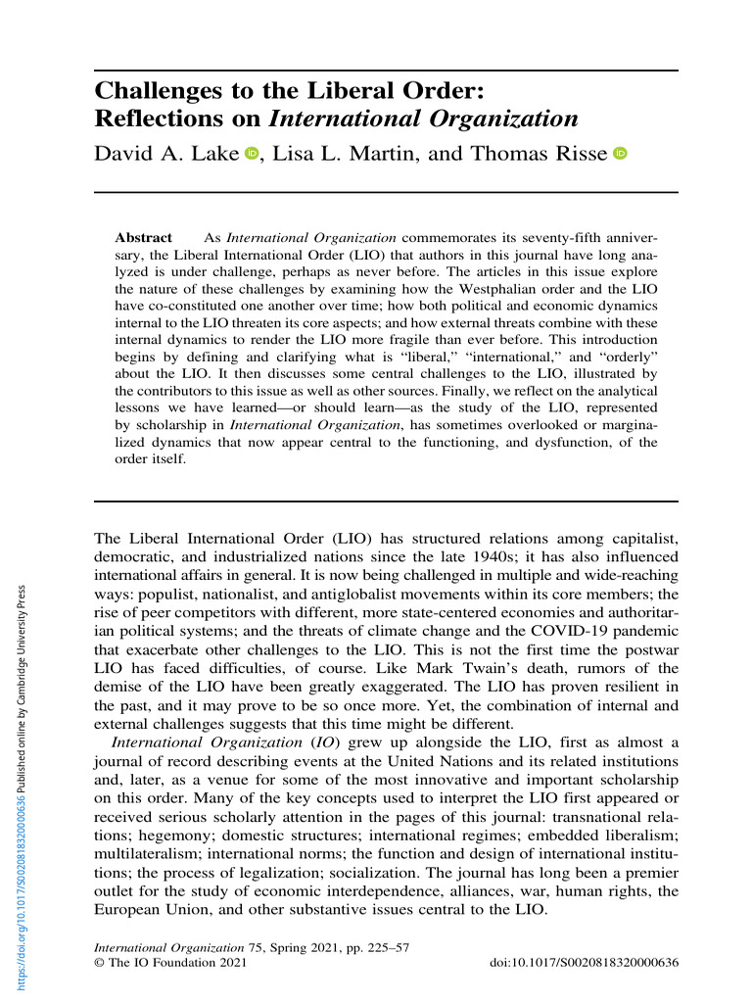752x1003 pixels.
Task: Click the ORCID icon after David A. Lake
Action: coord(252,154)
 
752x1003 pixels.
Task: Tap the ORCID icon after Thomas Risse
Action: coord(619,154)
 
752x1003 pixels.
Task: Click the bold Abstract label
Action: coord(143,238)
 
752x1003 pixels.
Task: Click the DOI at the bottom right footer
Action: coord(583,964)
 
